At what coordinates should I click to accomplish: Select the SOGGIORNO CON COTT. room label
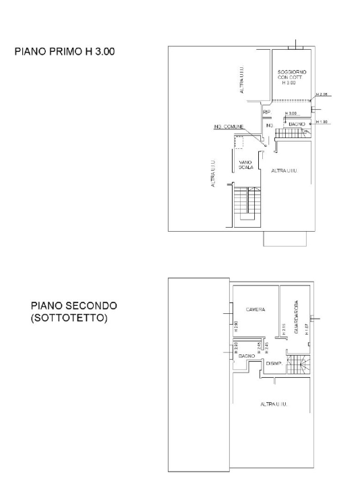click(291, 76)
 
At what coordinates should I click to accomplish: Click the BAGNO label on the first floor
click(297, 124)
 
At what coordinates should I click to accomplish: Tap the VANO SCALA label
click(246, 164)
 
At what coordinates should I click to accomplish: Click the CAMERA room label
click(255, 310)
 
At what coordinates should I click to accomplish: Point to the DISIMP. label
click(273, 364)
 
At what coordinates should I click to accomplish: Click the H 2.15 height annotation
click(284, 330)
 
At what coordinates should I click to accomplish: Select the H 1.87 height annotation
click(306, 329)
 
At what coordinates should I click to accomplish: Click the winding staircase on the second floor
click(298, 366)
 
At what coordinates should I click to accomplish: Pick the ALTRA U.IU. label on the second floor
click(274, 404)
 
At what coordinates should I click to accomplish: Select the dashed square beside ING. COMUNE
click(238, 141)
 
